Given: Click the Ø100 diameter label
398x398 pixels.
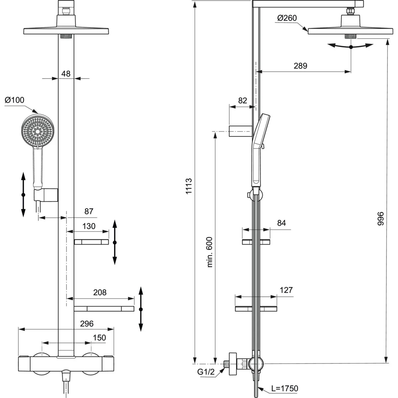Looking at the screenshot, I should click(15, 100).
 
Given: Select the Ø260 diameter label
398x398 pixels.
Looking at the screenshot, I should click(287, 18).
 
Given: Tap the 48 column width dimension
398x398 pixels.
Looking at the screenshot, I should click(66, 73).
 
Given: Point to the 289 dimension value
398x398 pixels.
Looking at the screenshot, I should click(300, 66).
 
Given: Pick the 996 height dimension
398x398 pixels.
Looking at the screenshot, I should click(380, 219).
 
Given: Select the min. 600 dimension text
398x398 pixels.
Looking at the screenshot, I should click(209, 252).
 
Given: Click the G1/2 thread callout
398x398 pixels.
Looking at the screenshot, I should click(206, 372).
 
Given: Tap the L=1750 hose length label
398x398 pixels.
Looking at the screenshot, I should click(284, 388).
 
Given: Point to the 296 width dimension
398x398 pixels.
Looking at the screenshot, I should click(87, 324).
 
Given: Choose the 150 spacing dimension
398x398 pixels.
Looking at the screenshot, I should click(99, 338).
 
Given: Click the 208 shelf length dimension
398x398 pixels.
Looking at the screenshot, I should click(100, 292).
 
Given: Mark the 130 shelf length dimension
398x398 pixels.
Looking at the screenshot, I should click(89, 226).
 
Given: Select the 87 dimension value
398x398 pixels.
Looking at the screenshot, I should click(89, 211).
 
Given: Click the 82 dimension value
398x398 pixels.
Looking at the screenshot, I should click(243, 101).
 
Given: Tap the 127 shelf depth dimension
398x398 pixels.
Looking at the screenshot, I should click(286, 290).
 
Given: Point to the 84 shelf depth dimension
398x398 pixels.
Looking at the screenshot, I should click(281, 223).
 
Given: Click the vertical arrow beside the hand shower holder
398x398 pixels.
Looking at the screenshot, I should click(23, 194).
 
